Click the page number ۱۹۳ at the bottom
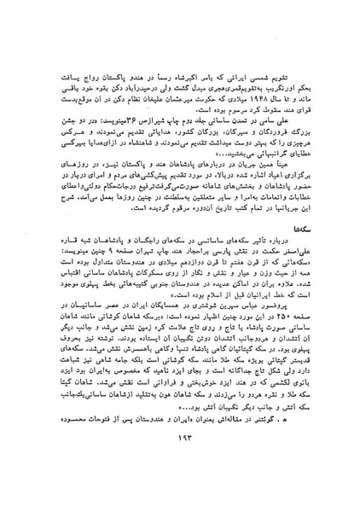pos(180,475)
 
